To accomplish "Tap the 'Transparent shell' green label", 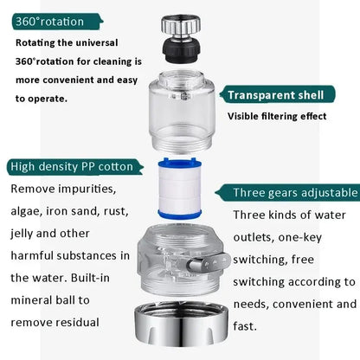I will pyautogui.click(x=275, y=94).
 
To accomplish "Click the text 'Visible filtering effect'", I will pyautogui.click(x=278, y=116).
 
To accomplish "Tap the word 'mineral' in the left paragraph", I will pyautogui.click(x=36, y=299).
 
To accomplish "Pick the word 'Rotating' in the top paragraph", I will pyautogui.click(x=40, y=42).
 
